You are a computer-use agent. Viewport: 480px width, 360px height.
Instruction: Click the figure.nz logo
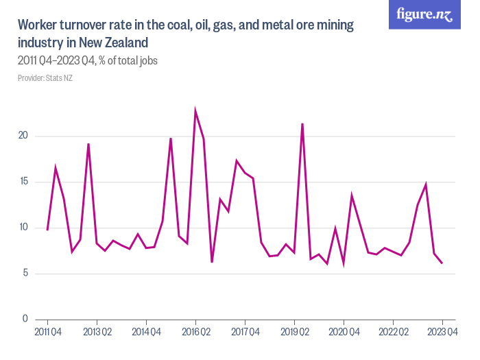[424, 15]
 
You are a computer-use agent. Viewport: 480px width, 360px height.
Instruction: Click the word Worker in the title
[39, 26]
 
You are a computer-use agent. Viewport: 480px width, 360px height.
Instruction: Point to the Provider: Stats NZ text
[45, 78]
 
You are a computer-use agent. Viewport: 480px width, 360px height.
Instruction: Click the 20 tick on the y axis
[23, 136]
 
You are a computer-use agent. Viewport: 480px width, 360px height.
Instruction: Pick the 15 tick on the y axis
[23, 182]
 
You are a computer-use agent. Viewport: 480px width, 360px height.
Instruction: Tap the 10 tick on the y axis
[23, 228]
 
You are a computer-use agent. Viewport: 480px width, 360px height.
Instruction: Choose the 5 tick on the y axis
[25, 274]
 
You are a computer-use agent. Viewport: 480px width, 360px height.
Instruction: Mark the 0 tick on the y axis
[25, 320]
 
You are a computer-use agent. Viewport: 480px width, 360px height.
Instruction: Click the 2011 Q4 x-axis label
[47, 333]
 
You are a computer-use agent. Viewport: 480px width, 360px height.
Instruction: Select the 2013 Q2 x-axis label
[97, 333]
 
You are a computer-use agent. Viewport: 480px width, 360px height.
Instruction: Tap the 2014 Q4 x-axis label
[146, 333]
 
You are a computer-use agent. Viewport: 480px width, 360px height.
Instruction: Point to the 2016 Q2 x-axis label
[195, 333]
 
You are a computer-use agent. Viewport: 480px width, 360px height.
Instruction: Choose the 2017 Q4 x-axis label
[245, 333]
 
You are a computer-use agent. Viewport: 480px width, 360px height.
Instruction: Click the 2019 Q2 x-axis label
[294, 333]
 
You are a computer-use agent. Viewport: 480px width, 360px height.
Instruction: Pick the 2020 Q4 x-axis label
[344, 333]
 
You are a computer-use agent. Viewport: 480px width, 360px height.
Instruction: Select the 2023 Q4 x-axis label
[442, 333]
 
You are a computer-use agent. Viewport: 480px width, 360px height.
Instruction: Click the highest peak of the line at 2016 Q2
[195, 110]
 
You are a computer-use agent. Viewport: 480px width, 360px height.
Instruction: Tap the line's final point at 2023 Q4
[442, 263]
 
